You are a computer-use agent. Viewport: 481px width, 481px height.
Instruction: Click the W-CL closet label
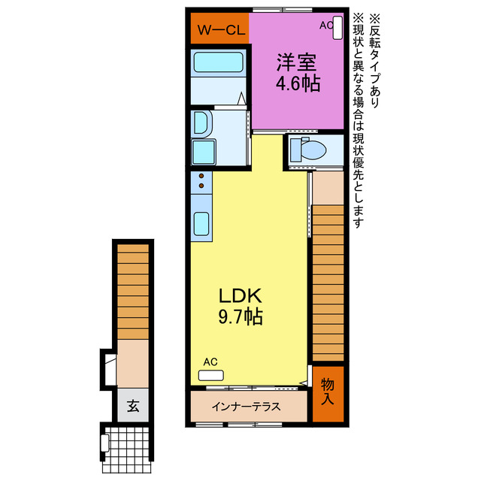coord(221,30)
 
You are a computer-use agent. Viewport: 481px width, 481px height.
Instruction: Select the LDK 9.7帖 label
coord(240,306)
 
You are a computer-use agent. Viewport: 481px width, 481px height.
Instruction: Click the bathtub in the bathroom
coord(218,62)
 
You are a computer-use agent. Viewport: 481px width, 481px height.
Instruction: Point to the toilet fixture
coord(308,150)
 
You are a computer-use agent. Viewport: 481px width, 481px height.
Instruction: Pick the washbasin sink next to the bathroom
coord(201,123)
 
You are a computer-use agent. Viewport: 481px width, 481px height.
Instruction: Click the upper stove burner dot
coord(201,176)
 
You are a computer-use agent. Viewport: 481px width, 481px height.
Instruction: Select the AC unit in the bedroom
coord(337,28)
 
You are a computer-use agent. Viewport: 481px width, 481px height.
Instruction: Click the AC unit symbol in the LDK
coord(210,376)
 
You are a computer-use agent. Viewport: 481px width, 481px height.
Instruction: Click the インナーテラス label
coord(246,407)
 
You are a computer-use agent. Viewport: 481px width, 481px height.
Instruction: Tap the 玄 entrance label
coord(133,406)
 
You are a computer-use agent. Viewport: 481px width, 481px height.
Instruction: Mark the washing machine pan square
coord(204,152)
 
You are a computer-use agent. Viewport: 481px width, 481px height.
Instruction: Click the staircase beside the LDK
coord(328,283)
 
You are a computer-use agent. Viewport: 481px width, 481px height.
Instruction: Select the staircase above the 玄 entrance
coord(133,292)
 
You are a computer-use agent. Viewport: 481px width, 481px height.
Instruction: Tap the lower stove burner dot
coord(201,186)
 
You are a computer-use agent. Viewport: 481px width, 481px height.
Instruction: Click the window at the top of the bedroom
coord(283,10)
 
